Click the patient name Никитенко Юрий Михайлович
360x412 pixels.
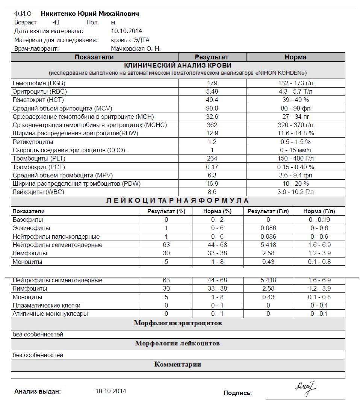tap(90, 14)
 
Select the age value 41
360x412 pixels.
tap(56, 23)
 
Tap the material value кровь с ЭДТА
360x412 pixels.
tap(130, 40)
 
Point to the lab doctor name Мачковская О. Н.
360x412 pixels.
tap(136, 48)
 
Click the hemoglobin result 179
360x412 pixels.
tap(212, 83)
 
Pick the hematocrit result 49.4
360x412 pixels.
tap(212, 100)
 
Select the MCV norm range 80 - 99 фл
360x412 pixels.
tap(295, 108)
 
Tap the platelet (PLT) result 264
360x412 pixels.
tap(212, 159)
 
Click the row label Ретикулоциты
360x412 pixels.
tap(33, 142)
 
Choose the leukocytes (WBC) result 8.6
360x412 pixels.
tap(212, 192)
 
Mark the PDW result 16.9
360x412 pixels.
tap(212, 184)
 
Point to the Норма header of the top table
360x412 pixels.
tap(295, 57)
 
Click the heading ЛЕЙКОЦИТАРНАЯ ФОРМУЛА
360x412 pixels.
tap(177, 201)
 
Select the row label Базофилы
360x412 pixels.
tap(27, 220)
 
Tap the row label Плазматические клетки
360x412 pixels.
tap(46, 306)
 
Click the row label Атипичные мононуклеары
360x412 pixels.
tap(50, 314)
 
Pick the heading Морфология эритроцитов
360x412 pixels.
tap(178, 323)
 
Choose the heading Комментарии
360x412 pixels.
tap(178, 365)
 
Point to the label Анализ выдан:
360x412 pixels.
tap(37, 392)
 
